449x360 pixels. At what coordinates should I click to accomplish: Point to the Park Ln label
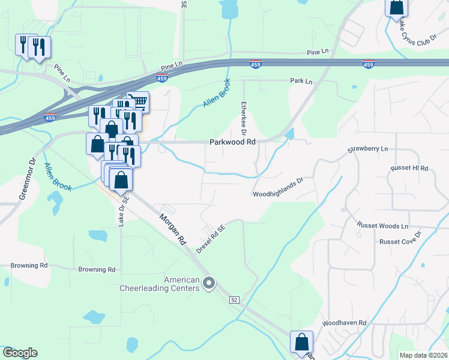click(301, 81)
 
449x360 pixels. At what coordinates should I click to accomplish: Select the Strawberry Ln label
click(369, 149)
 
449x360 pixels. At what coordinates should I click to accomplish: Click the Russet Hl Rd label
click(409, 168)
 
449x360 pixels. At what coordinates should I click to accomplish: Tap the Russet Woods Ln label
click(382, 226)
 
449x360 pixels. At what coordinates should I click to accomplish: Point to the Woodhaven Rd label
click(343, 323)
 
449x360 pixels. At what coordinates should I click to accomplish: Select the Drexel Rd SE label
click(212, 239)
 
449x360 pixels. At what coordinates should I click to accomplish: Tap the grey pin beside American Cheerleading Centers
click(209, 282)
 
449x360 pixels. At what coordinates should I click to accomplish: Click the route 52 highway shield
click(234, 299)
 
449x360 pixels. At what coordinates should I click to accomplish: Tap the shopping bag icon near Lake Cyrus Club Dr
click(397, 7)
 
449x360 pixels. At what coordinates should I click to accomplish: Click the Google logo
click(19, 353)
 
